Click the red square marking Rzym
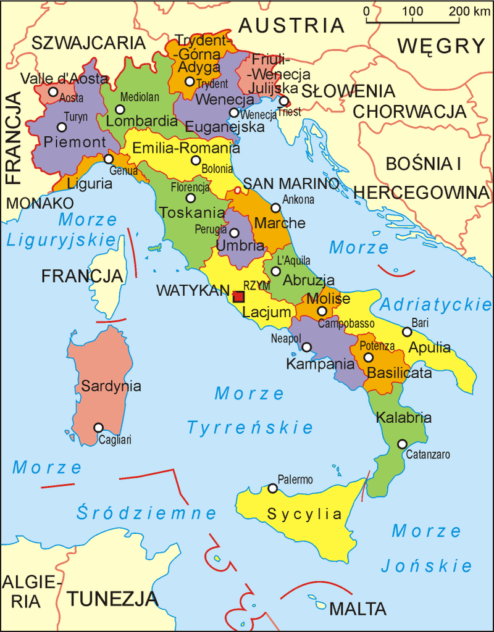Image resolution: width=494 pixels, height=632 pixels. click(238, 296)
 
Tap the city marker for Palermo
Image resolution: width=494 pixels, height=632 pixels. click(272, 489)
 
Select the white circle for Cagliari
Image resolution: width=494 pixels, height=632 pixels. click(98, 427)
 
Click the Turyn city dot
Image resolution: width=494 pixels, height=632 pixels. click(62, 127)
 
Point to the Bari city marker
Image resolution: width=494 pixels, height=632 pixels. click(407, 332)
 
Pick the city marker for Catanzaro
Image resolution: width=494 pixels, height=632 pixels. click(403, 444)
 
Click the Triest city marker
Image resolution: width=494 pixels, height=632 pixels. click(283, 101)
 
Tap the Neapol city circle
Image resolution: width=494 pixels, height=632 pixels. click(306, 347)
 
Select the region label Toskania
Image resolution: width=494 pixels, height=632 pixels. click(192, 213)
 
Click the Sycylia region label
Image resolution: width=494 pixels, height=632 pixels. click(304, 514)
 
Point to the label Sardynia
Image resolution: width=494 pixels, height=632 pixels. click(111, 386)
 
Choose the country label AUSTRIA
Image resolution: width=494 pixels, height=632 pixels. click(291, 25)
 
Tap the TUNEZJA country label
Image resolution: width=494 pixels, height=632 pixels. click(113, 598)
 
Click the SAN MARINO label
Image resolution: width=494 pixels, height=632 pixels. click(291, 184)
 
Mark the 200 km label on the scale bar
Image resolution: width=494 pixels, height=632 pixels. click(467, 11)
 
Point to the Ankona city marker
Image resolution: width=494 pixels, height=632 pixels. click(275, 207)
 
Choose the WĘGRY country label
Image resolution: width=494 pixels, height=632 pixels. click(441, 46)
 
